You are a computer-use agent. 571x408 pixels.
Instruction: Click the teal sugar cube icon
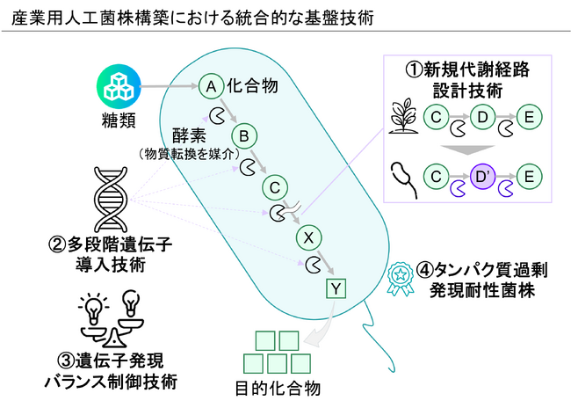[x=116, y=86]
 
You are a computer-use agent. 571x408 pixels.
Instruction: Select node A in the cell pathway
[x=210, y=85]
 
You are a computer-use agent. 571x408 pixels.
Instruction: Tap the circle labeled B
[x=243, y=136]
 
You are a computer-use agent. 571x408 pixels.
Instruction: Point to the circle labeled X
[x=307, y=237]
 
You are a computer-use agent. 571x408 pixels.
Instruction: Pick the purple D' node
[x=483, y=177]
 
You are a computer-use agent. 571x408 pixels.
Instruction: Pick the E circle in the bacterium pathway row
[x=529, y=177]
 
